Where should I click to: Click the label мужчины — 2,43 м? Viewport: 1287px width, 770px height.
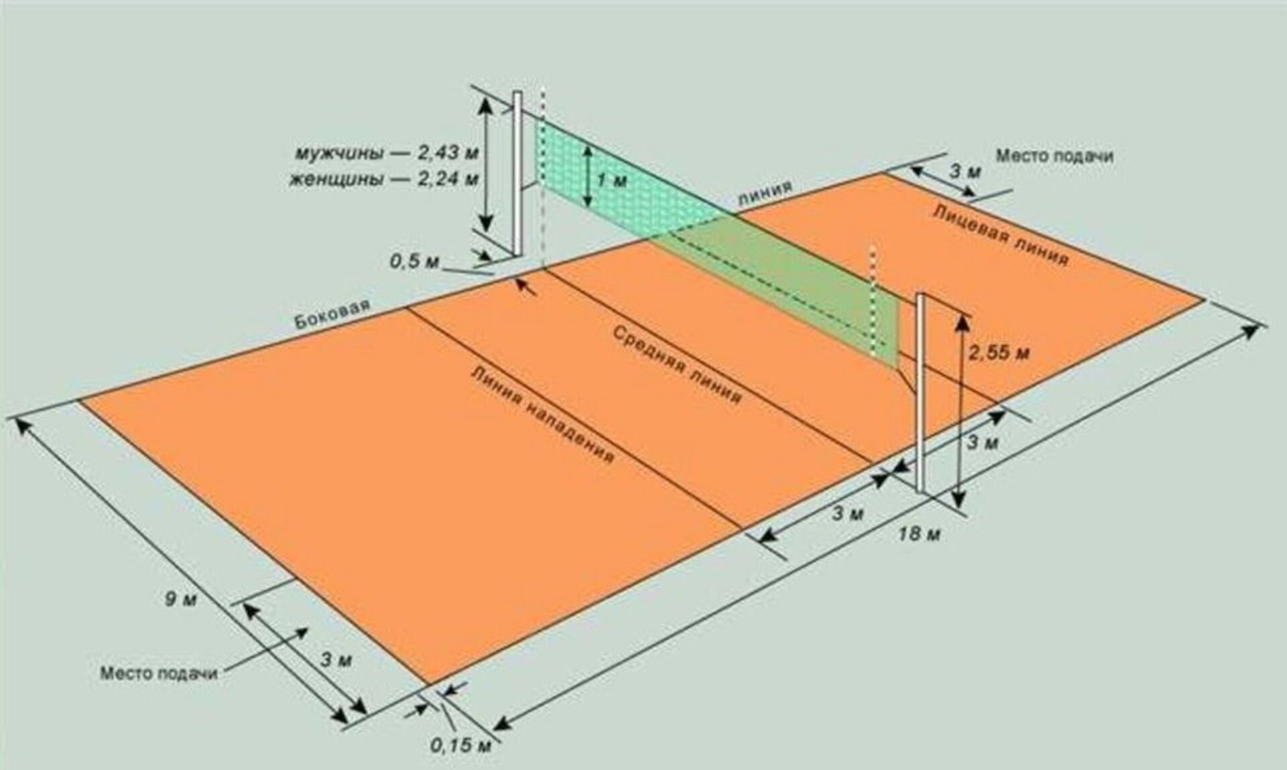[387, 153]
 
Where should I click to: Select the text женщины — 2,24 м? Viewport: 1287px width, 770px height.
[384, 180]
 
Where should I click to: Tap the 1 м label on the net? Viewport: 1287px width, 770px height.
[611, 180]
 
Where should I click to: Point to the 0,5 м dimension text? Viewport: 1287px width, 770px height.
[414, 260]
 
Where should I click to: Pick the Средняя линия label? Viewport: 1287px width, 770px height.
[678, 365]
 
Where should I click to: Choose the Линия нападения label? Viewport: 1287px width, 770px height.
[542, 414]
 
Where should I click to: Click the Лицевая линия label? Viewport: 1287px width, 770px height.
[1000, 235]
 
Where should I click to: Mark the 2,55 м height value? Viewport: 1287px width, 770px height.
[999, 352]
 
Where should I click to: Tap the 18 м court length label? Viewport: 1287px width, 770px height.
[920, 534]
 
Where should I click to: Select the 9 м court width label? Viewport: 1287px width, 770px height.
[181, 598]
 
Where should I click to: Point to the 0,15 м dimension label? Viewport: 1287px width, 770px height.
[461, 745]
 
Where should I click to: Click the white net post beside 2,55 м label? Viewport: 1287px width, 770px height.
[921, 392]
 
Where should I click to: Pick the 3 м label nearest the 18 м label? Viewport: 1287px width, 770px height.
[848, 514]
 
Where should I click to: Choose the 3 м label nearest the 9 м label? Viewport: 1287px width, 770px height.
[336, 659]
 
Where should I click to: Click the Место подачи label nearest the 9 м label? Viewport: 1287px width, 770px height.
[159, 673]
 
